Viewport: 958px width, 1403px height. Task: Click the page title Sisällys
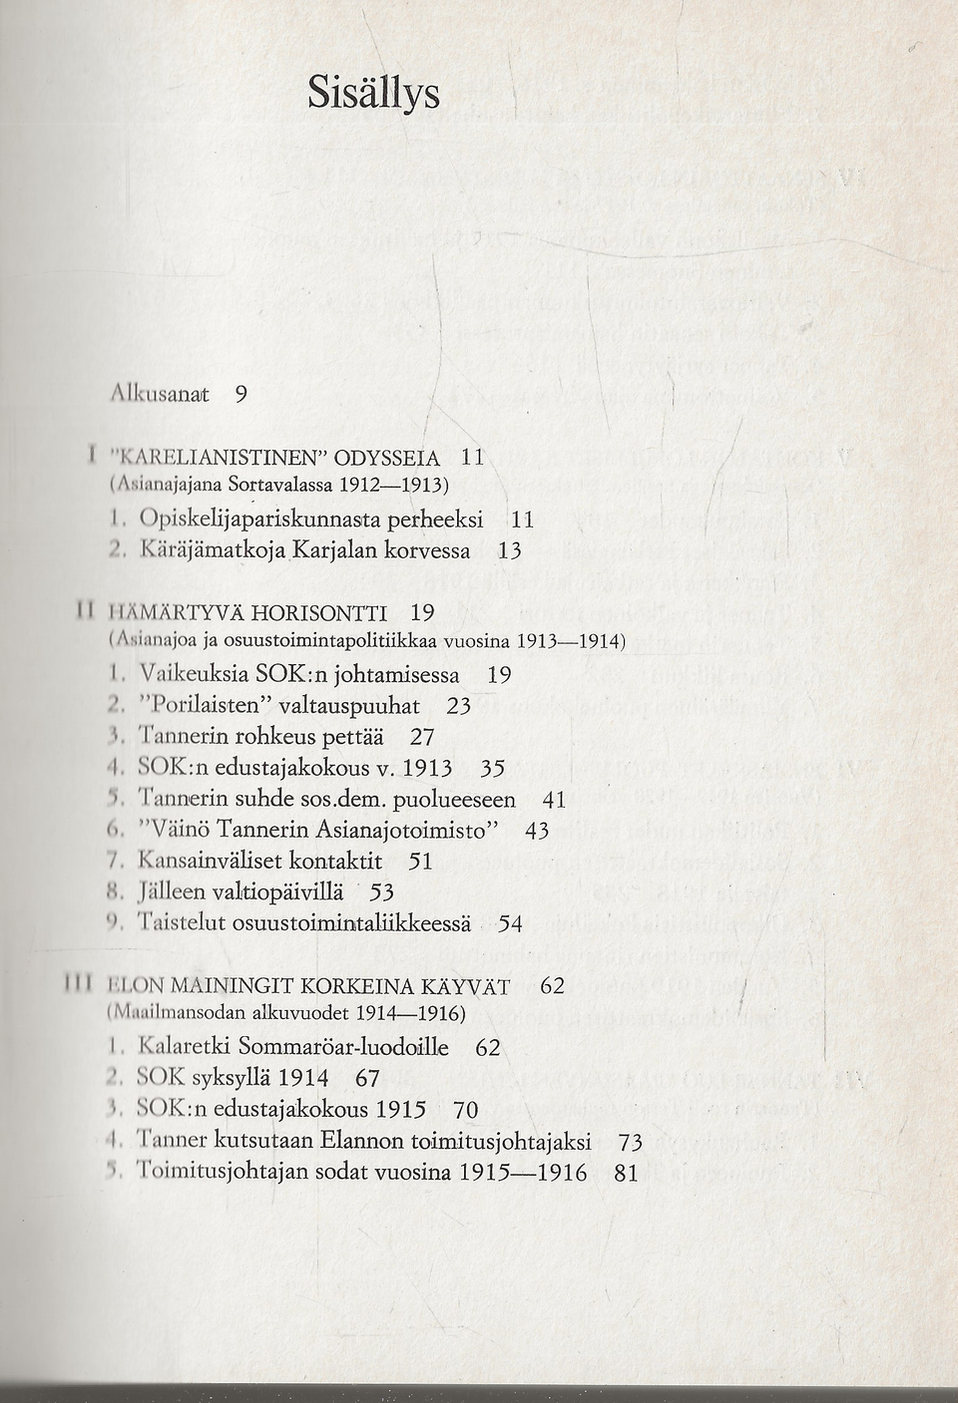pos(372,94)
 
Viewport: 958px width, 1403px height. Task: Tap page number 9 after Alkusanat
pos(240,394)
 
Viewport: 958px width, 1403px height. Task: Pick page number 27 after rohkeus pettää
pos(423,737)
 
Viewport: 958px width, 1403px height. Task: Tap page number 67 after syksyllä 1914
pos(367,1079)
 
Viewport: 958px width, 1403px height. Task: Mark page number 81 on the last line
pos(626,1174)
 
